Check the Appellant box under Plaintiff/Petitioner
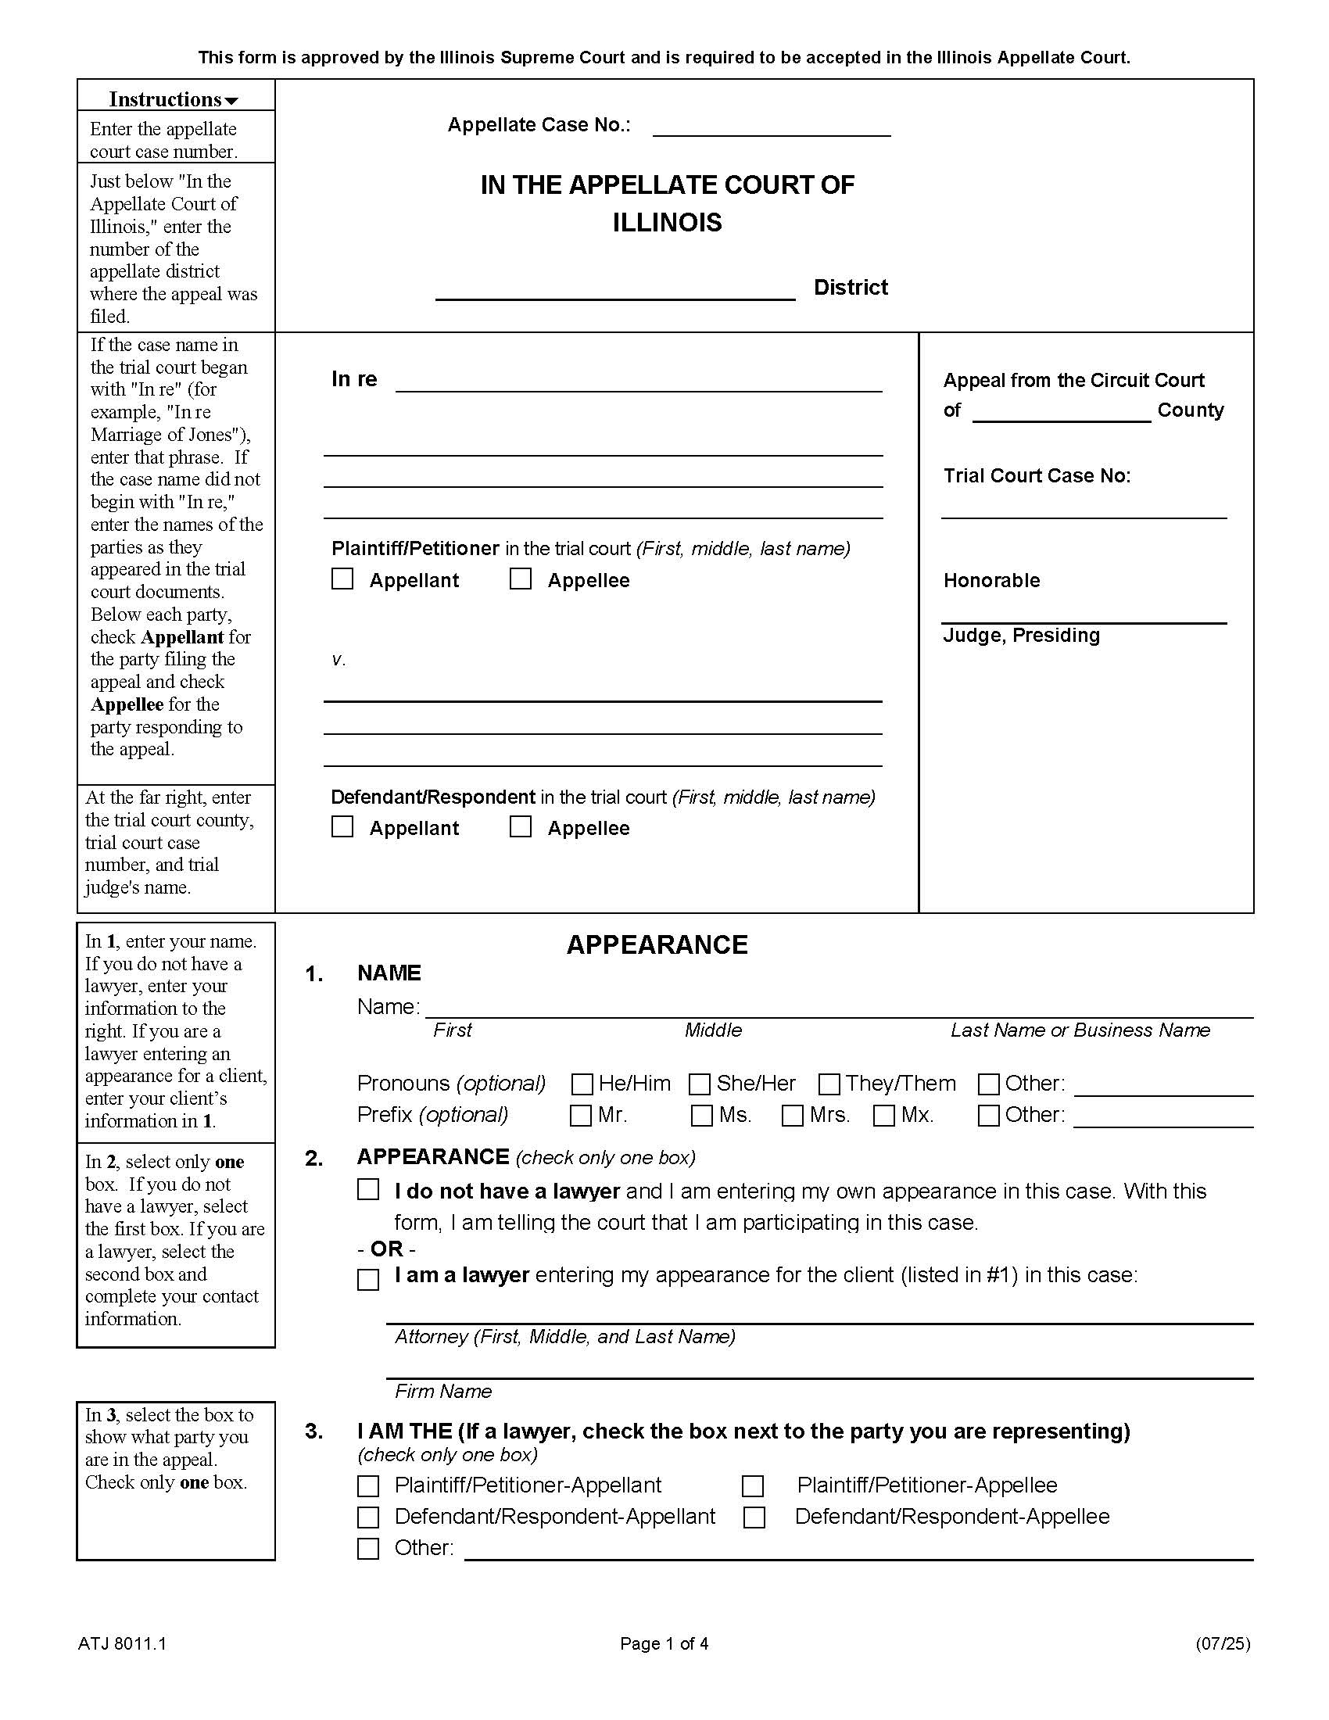pos(342,579)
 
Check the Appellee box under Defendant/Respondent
pos(521,826)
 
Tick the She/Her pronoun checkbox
pos(699,1084)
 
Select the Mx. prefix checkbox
pos(884,1116)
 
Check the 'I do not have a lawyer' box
pos(368,1189)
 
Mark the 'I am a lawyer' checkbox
pos(368,1279)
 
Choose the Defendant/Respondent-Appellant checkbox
pos(368,1517)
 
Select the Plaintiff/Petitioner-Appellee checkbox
pos(754,1486)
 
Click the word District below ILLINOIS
pos(851,288)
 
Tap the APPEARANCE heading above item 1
pos(657,945)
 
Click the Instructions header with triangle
pos(175,99)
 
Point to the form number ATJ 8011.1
pos(122,1643)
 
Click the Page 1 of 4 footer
pos(664,1643)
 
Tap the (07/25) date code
pos(1222,1643)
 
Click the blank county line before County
pos(1061,413)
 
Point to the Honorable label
pos(991,580)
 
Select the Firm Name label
pos(443,1392)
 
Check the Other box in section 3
pos(368,1548)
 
